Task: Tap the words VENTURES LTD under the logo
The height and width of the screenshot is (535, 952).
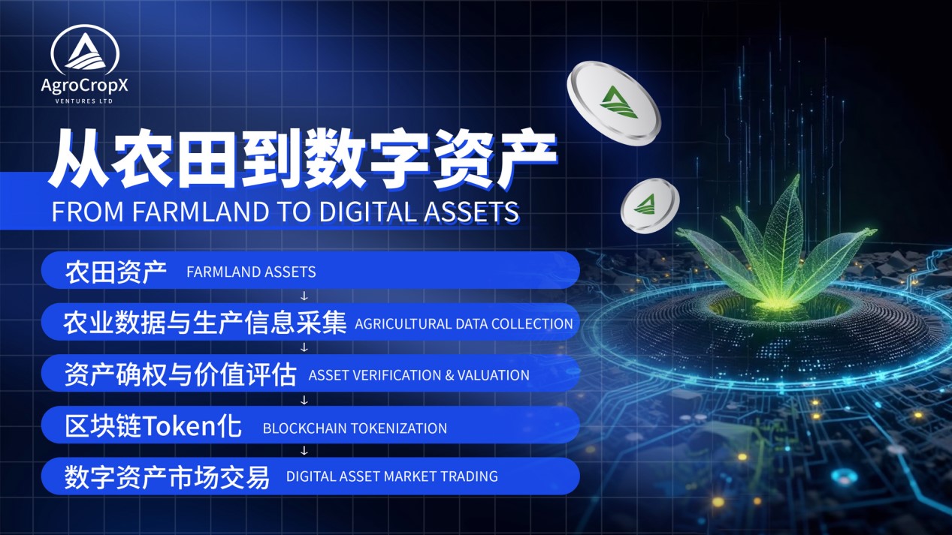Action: click(85, 101)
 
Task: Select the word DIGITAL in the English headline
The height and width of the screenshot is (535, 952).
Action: click(371, 212)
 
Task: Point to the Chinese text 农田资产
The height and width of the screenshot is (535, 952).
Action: click(116, 272)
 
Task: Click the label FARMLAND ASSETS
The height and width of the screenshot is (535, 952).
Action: click(251, 272)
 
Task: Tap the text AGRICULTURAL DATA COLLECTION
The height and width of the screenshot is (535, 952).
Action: click(464, 324)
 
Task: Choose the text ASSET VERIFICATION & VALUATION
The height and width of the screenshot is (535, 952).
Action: click(419, 375)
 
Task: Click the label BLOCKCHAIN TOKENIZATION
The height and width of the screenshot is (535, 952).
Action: click(355, 428)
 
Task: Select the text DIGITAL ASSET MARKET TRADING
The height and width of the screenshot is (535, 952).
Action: click(391, 476)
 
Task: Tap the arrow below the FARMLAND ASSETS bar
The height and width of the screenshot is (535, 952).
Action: click(304, 296)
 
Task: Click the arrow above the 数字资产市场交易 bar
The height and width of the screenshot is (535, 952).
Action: click(304, 451)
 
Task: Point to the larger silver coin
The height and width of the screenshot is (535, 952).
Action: click(613, 102)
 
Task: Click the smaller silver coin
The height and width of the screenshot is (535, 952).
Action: click(649, 205)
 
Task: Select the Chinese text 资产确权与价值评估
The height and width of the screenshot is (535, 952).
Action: click(180, 374)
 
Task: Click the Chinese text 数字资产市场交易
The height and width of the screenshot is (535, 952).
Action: click(167, 476)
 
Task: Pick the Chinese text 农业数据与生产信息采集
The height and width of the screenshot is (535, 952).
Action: click(204, 323)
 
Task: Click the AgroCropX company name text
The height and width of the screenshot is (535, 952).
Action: click(85, 86)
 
